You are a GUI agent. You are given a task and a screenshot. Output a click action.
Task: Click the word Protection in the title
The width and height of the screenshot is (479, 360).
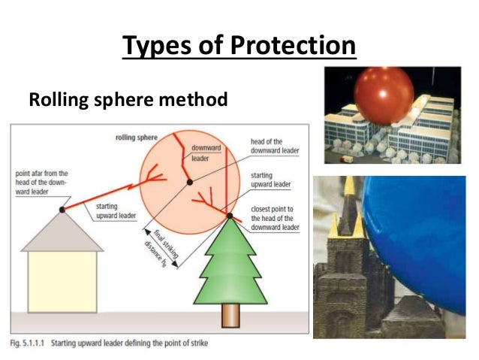point(294,47)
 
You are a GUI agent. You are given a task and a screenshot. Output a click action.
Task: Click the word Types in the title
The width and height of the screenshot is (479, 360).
point(158,47)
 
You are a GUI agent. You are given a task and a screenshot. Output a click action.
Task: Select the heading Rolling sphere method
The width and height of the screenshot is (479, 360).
point(127,99)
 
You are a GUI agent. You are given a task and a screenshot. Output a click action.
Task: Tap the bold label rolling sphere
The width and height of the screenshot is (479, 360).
point(136,138)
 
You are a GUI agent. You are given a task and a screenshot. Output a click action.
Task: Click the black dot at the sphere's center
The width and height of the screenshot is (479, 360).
point(190,182)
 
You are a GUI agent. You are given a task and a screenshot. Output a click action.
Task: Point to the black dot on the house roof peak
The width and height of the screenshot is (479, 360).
point(62,210)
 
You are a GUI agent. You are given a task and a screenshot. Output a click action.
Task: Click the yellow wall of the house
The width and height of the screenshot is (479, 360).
point(62,280)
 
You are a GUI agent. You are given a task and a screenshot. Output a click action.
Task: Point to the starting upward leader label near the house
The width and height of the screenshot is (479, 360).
point(113,210)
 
